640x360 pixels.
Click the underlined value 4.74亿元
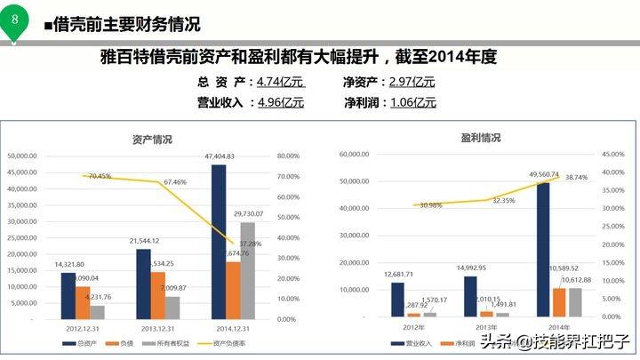click(280, 82)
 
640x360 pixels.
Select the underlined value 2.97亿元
click(412, 82)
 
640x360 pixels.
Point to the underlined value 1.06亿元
click(412, 101)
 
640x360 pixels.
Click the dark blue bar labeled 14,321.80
click(68, 294)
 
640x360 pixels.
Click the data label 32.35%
click(502, 200)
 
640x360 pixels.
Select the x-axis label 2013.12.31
click(156, 328)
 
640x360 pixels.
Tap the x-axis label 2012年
click(412, 327)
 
